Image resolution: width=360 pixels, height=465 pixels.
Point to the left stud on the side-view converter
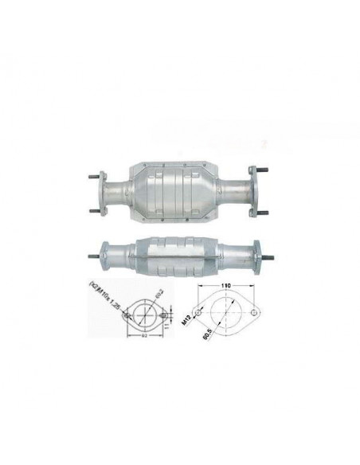[89, 256]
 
